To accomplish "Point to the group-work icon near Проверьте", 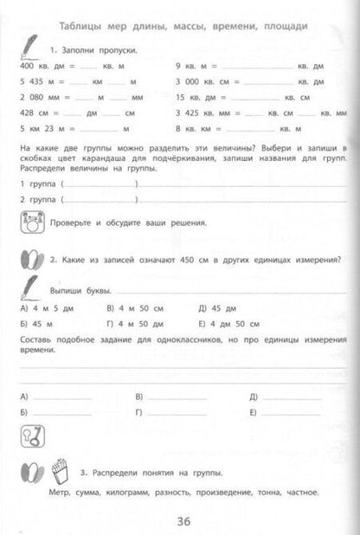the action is (30, 222).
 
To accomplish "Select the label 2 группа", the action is (37, 201).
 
